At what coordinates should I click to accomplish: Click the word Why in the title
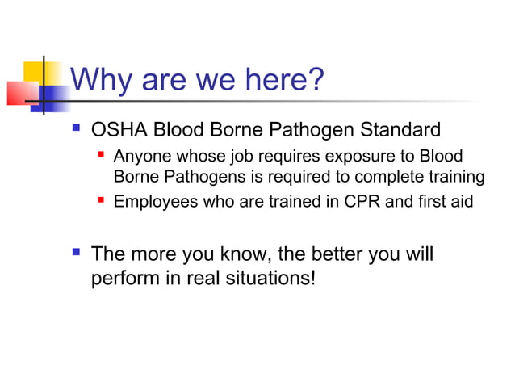[x=103, y=80]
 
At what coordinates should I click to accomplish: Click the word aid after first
[x=460, y=202]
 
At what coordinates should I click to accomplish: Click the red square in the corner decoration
[x=19, y=93]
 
